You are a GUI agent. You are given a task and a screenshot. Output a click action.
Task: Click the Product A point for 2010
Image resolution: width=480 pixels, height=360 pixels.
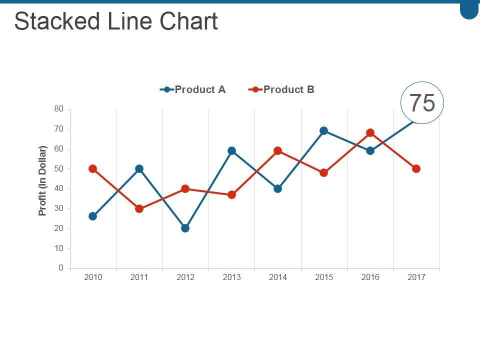(x=92, y=216)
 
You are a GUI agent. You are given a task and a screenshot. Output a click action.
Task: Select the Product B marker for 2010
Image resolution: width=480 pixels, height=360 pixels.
(x=92, y=168)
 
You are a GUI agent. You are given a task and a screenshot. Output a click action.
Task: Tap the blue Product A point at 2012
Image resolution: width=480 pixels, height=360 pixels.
(x=185, y=228)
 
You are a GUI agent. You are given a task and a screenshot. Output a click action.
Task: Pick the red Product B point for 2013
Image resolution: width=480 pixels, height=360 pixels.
(x=231, y=194)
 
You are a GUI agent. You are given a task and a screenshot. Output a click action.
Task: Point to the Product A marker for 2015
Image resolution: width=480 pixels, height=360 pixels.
(x=323, y=130)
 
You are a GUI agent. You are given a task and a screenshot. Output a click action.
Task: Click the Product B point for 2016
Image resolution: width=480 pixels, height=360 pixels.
(x=370, y=132)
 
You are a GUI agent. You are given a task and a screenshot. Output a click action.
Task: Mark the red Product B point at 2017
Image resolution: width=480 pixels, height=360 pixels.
(x=416, y=168)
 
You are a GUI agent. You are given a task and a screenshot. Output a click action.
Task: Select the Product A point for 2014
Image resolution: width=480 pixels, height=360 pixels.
(x=277, y=188)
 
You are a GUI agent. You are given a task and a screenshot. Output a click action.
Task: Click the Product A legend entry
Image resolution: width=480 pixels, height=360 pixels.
(x=193, y=89)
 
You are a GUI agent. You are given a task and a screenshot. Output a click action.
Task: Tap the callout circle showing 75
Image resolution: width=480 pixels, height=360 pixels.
(x=422, y=102)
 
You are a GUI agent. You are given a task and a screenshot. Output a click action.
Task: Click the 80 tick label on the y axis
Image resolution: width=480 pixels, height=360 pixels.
(x=59, y=109)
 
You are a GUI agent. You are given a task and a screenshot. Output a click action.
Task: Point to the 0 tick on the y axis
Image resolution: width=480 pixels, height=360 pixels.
(x=61, y=268)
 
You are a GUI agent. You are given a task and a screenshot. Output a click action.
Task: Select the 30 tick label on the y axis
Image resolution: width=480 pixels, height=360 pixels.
(x=59, y=208)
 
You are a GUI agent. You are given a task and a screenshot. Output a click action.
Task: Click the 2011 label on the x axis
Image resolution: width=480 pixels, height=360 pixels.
(x=139, y=277)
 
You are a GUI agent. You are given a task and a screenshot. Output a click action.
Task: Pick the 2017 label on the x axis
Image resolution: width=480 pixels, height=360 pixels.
(x=416, y=277)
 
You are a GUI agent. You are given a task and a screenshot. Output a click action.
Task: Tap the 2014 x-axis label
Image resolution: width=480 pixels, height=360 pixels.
(x=277, y=277)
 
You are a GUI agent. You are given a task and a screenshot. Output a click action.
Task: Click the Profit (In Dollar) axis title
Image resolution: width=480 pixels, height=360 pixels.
(x=42, y=180)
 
